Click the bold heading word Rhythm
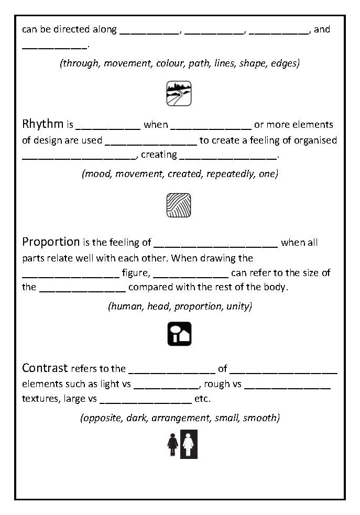point(43,125)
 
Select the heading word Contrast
point(45,368)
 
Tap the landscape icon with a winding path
point(179,94)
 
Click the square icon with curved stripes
point(179,205)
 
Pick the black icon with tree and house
point(179,334)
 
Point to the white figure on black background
point(189,444)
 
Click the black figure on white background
point(172,444)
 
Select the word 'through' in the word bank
point(80,63)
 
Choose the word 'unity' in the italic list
point(239,306)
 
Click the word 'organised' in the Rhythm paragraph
point(317,140)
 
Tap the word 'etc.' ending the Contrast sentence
point(202,399)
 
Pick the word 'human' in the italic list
point(125,306)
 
